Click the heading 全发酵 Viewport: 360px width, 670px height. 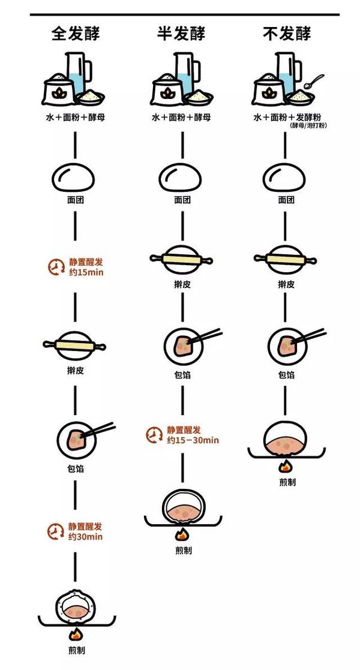coord(75,33)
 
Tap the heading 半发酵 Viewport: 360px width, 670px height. coord(181,33)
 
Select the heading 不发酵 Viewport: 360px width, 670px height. coord(287,33)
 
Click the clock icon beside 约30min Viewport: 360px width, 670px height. coord(55,531)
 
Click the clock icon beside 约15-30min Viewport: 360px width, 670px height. coord(154,435)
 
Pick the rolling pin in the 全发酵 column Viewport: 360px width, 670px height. coord(75,345)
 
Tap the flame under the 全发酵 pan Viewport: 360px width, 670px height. coord(76,633)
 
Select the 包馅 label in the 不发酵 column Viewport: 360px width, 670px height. coord(287,375)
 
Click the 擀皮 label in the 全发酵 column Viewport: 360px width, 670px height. coord(75,370)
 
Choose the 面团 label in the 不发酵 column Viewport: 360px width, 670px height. coord(287,200)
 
